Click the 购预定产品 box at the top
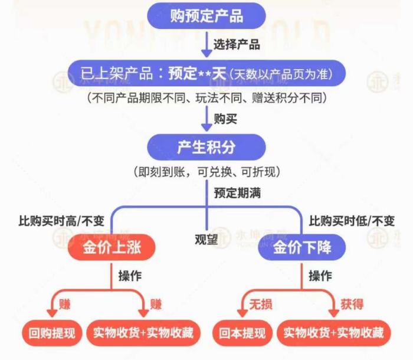[206, 16]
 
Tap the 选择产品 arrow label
[237, 44]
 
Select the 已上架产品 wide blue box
[206, 73]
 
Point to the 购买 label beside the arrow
[225, 119]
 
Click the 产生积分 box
[206, 147]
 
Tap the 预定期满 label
[237, 193]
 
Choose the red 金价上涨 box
[112, 247]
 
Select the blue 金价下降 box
[302, 247]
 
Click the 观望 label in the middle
[206, 240]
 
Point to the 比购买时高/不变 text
[61, 221]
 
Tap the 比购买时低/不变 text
[352, 221]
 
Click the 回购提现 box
[52, 333]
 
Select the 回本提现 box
[242, 333]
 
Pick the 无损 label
[261, 305]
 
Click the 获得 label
[352, 305]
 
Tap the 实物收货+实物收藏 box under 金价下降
[334, 333]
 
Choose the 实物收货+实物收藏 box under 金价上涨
[143, 333]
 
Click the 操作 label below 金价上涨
[130, 276]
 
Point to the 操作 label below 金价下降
[320, 276]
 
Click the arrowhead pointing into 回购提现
[52, 313]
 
